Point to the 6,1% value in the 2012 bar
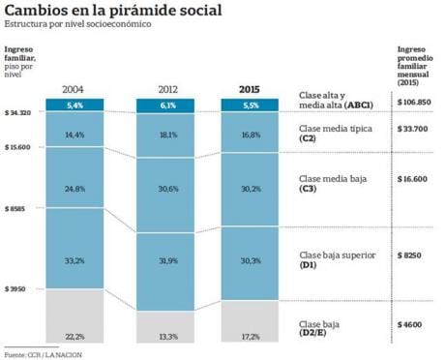click(x=166, y=105)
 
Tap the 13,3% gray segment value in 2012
click(x=166, y=336)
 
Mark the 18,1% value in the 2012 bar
click(x=166, y=135)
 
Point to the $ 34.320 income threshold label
click(x=19, y=113)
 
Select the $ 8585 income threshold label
click(x=17, y=208)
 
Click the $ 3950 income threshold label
click(x=17, y=289)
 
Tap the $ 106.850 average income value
click(x=417, y=102)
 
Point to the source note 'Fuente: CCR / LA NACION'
click(x=40, y=354)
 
